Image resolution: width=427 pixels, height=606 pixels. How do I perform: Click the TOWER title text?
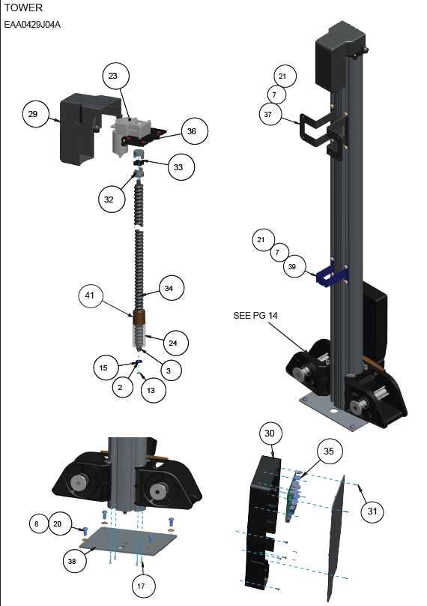[23, 7]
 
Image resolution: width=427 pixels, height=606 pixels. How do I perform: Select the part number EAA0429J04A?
[32, 25]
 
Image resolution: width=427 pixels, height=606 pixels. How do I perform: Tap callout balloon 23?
[116, 76]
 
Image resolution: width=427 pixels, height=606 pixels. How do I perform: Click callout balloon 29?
[36, 114]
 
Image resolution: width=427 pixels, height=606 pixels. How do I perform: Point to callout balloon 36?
[195, 131]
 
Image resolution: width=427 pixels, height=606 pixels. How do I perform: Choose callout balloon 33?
[181, 167]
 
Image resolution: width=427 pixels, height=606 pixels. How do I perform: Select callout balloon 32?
[112, 199]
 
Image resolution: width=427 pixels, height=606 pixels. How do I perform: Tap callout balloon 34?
[172, 288]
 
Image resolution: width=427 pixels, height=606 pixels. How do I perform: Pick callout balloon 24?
[176, 343]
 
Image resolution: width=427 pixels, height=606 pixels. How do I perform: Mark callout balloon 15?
[106, 367]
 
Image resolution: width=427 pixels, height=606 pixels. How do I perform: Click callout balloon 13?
[154, 390]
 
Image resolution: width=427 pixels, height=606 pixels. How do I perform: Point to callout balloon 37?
[270, 115]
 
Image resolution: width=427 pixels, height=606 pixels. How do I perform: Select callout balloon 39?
[294, 266]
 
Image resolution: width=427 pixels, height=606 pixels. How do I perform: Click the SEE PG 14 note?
[255, 315]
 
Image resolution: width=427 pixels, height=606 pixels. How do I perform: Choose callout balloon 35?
[330, 451]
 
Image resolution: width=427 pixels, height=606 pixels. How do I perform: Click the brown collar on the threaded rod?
[139, 317]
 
